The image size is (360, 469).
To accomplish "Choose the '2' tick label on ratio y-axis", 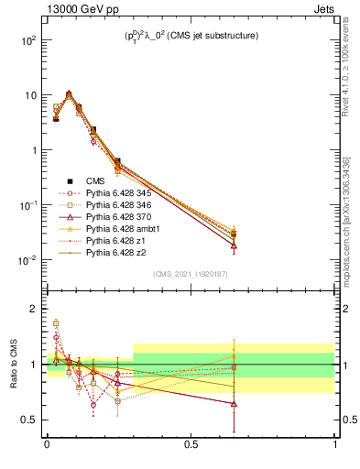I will click(33, 309).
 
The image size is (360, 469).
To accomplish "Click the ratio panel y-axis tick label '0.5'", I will click(29, 420).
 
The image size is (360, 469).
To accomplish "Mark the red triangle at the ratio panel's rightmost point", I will click(235, 403).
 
